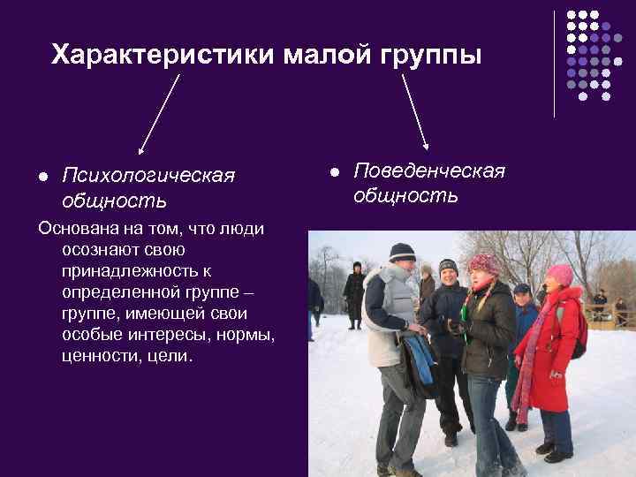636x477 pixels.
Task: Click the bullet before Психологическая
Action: click(x=42, y=177)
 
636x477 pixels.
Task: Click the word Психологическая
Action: click(x=148, y=176)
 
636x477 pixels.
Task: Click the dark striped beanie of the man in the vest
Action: click(x=403, y=252)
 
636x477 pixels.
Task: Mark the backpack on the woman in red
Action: click(x=579, y=331)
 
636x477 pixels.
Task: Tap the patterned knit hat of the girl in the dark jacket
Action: click(x=485, y=262)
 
